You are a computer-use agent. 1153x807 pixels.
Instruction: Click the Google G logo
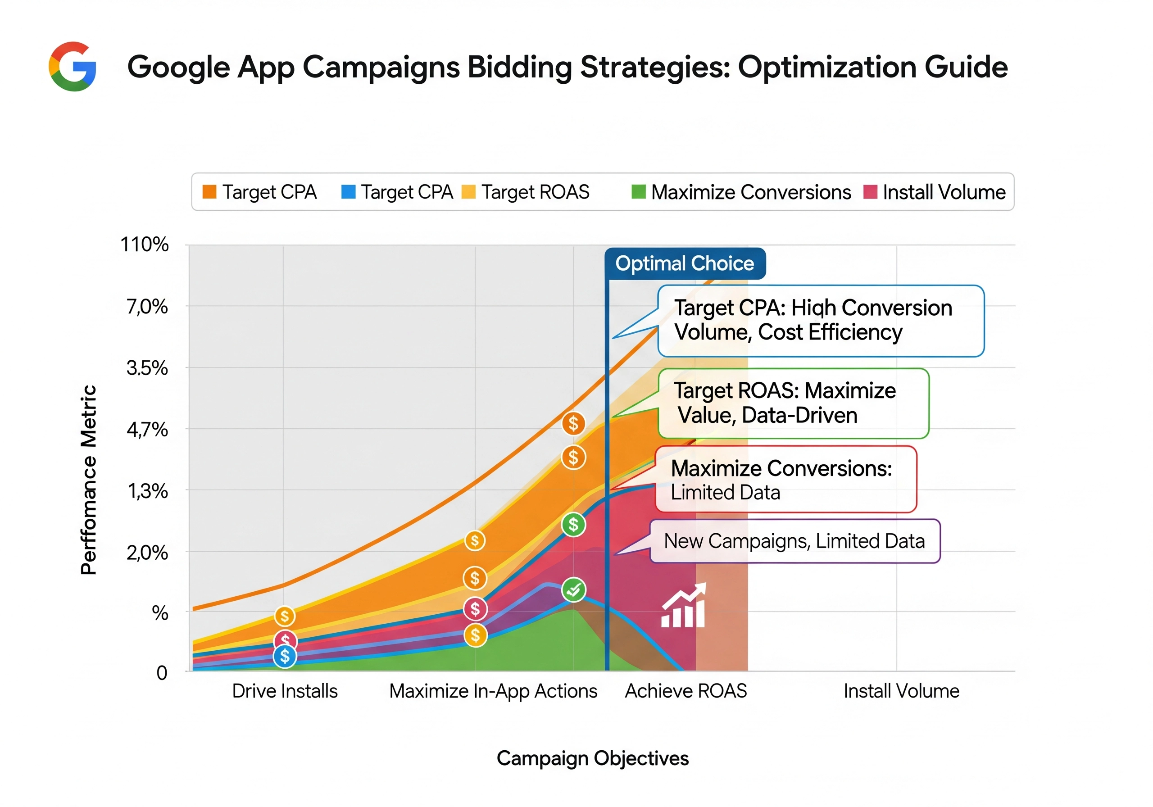point(73,66)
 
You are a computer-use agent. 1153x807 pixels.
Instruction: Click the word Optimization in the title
point(826,67)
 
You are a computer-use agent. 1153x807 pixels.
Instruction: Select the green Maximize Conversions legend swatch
point(638,192)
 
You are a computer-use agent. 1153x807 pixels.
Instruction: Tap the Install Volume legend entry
point(935,192)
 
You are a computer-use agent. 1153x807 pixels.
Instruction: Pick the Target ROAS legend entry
point(525,192)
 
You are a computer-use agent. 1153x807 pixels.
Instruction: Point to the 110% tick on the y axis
point(145,245)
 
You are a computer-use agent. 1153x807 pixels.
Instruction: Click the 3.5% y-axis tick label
point(147,368)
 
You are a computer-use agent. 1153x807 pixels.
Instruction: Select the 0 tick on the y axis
point(162,672)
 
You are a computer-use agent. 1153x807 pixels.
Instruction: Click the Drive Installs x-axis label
point(285,691)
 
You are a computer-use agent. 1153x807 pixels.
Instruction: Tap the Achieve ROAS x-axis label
point(685,691)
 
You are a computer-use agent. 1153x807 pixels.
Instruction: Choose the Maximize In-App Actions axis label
point(493,691)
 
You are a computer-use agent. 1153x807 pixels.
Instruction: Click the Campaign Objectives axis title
point(593,758)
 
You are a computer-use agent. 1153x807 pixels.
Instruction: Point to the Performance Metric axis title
point(88,480)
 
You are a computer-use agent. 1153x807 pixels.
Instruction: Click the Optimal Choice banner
point(685,263)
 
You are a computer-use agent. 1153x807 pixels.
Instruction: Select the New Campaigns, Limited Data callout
point(794,541)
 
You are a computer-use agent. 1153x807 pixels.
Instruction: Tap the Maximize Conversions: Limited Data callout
point(786,480)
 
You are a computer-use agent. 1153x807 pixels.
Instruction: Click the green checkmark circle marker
point(573,590)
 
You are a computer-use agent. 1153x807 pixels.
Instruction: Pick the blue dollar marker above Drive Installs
point(285,656)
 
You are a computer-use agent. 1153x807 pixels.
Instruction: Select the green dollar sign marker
point(573,525)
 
